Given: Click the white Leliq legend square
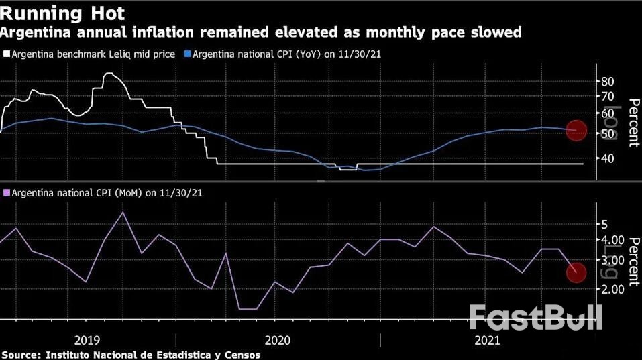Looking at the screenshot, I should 7,54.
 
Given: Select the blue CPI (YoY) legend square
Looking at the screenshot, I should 189,54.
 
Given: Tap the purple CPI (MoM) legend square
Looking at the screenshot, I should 7,192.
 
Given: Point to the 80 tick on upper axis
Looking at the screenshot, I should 608,81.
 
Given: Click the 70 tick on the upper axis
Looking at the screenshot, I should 608,97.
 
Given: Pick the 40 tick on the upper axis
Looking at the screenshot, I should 608,159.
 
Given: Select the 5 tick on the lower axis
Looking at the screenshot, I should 604,224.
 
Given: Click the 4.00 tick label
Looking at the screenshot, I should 613,240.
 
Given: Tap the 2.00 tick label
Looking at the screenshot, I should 613,289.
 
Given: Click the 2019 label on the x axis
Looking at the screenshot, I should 88,340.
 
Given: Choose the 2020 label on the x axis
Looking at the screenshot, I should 278,340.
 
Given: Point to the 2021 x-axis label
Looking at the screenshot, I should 487,340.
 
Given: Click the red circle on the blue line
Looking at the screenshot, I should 576,131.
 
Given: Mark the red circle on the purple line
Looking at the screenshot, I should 576,272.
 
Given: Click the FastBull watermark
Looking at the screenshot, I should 535,316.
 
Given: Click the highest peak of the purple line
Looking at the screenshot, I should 123,212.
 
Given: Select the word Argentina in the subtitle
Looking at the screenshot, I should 36,32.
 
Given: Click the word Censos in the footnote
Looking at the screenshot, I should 242,354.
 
